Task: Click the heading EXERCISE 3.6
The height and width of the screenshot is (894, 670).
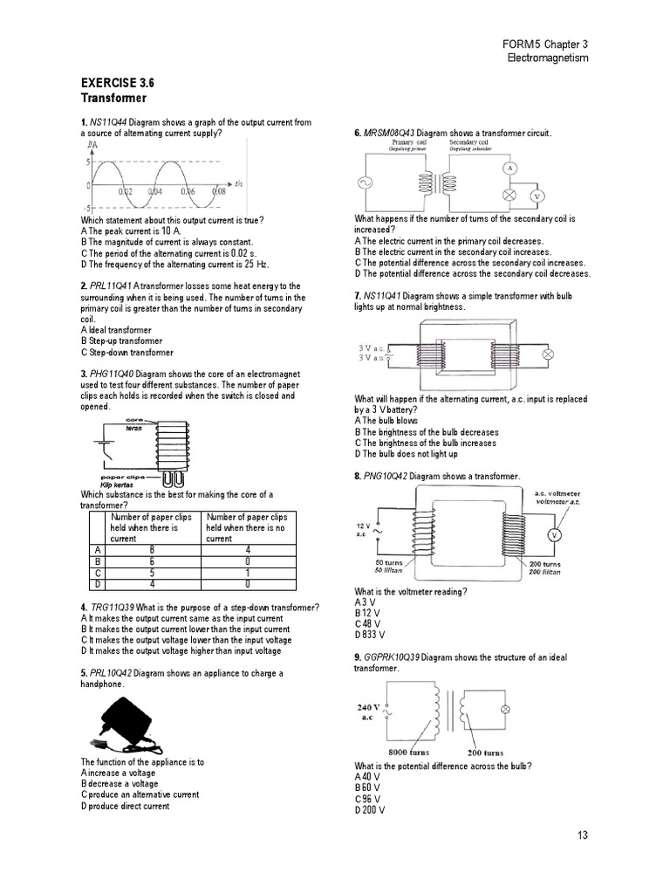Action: tap(117, 85)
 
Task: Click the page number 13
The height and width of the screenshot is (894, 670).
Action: tap(583, 836)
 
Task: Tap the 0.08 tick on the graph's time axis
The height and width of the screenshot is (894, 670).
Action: tap(216, 190)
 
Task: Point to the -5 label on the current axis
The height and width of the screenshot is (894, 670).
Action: tap(87, 208)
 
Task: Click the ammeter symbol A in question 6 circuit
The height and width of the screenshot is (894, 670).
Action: tap(512, 167)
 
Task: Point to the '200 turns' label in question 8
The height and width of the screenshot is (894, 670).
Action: tap(544, 565)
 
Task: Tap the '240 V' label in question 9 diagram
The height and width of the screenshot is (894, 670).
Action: tap(370, 707)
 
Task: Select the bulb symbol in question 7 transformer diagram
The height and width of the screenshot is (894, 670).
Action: tap(550, 354)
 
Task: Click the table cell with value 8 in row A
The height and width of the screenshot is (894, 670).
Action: tap(151, 549)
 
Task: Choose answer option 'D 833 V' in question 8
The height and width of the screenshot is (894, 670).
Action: tap(370, 635)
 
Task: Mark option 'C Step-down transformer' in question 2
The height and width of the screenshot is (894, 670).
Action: tap(126, 353)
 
